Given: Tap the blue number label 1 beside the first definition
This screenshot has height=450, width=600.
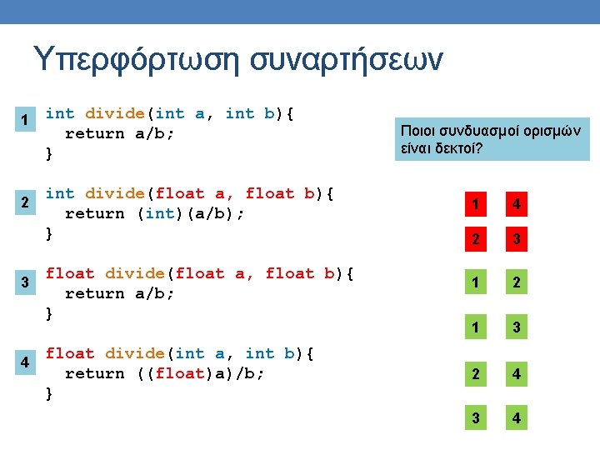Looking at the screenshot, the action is point(26,120).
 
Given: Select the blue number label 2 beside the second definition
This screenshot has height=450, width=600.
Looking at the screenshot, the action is point(26,202).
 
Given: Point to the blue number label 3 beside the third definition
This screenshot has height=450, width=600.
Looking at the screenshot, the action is point(26,282).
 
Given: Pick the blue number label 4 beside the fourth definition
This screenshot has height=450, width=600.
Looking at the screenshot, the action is point(26,362).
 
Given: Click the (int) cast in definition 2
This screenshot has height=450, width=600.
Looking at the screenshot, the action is point(155,213).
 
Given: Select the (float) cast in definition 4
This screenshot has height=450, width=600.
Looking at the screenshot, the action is point(175,373).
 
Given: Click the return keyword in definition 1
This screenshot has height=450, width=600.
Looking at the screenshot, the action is point(94,133).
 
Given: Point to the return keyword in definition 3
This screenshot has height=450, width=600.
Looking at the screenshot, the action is point(94,293).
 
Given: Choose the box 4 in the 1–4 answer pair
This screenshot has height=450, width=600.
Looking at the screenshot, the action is point(517,203).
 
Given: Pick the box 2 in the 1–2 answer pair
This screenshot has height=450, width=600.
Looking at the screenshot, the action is point(517,282).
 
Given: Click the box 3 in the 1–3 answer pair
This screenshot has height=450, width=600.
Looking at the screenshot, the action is point(517,328).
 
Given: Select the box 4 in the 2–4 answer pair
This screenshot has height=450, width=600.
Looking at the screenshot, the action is point(517,375).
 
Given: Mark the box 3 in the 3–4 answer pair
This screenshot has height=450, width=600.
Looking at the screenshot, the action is point(476,417).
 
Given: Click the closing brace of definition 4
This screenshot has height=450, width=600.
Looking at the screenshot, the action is point(49,392).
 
